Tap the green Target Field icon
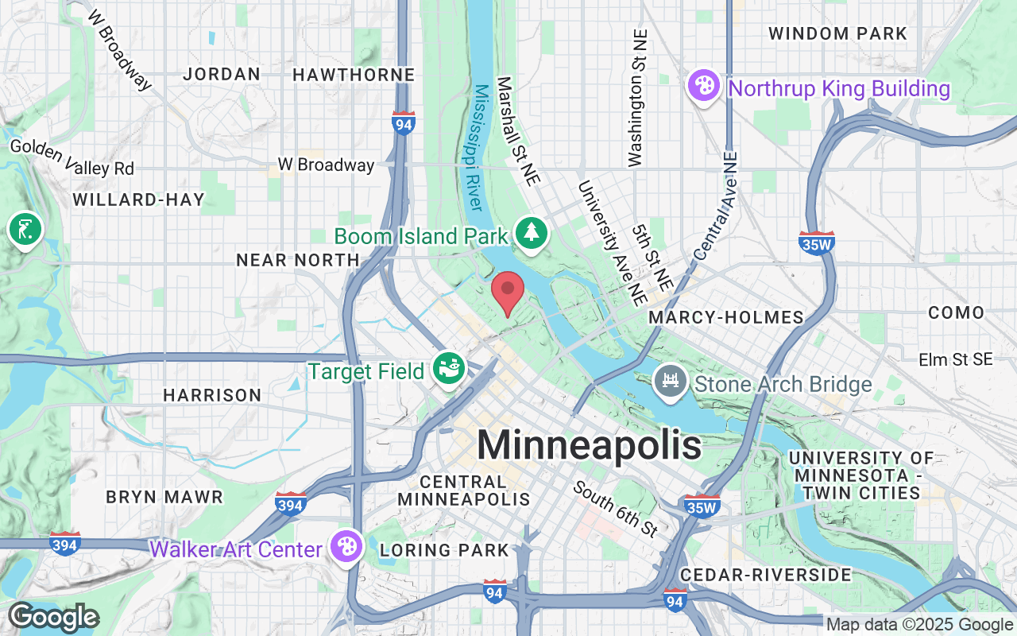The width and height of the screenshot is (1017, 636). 448,369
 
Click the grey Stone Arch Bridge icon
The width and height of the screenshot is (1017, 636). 669,383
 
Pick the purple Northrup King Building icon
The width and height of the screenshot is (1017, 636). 703,86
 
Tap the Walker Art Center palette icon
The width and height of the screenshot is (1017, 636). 347,547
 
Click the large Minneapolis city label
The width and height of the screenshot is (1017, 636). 589,444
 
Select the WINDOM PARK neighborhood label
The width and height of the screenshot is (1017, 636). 837,34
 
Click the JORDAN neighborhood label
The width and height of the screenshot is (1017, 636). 222,75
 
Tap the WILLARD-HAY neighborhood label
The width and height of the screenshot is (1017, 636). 139,200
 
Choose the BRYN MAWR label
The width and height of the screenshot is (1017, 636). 165,497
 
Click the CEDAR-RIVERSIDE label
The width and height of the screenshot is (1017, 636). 766,574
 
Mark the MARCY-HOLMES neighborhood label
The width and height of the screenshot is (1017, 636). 726,318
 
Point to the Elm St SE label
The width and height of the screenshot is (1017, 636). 955,360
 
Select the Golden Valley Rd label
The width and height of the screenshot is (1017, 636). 72,157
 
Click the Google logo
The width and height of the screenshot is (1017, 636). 53,617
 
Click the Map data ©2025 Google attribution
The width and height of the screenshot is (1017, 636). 919,625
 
